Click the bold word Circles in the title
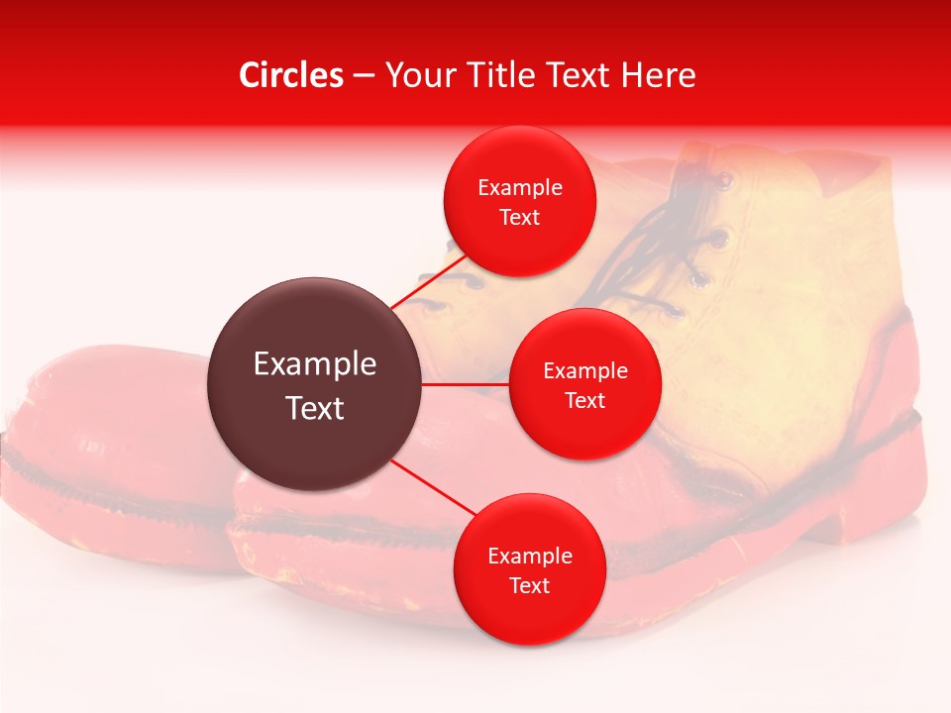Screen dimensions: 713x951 pos(291,75)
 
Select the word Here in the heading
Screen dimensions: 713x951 pos(659,75)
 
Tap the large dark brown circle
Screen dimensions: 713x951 pos(315,384)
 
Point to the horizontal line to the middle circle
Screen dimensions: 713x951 pos(466,384)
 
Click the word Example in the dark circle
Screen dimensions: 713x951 pos(315,364)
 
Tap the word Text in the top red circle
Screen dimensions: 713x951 pos(519,218)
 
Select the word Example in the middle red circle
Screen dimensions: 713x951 pos(584,371)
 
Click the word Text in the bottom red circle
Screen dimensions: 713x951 pos(529,586)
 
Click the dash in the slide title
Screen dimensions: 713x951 pos(363,76)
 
